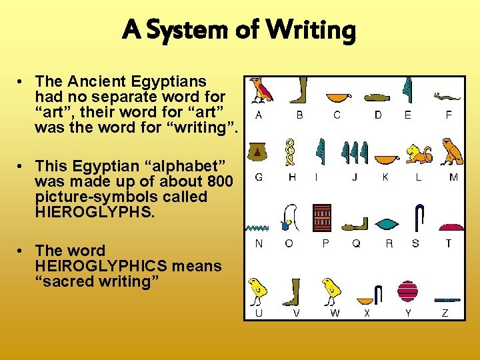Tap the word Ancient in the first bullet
(x=114, y=82)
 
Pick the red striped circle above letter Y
(x=407, y=291)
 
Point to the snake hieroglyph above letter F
(x=447, y=97)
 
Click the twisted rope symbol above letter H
(x=291, y=152)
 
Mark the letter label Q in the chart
(x=356, y=244)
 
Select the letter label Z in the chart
(x=445, y=313)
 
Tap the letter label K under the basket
(x=385, y=177)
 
